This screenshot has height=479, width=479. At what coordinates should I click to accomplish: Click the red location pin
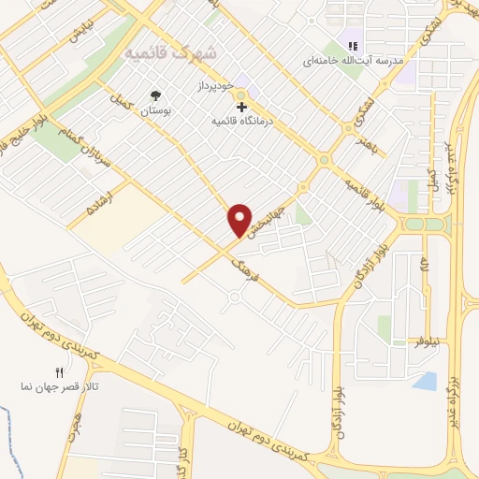click(240, 220)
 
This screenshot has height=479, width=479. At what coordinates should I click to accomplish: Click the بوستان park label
click(157, 111)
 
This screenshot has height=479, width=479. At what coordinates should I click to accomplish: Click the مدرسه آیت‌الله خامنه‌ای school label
click(352, 61)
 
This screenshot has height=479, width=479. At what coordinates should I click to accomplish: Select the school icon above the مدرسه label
click(353, 45)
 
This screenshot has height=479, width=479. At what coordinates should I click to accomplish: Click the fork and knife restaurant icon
click(60, 372)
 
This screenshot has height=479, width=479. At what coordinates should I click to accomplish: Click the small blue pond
click(425, 381)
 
